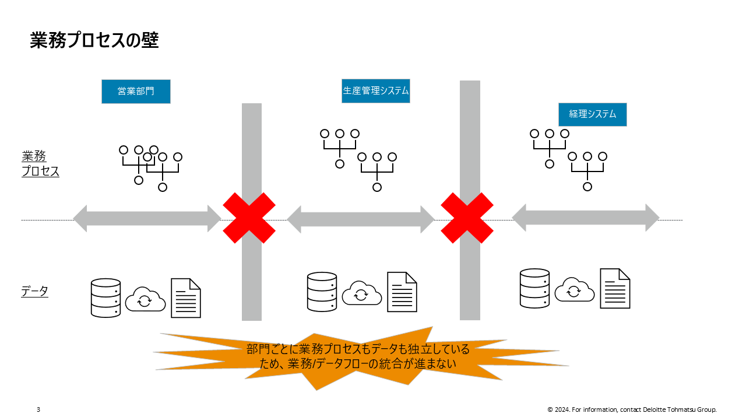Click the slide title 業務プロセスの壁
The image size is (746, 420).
(94, 40)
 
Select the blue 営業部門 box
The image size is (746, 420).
(136, 92)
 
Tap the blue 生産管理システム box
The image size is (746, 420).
(375, 91)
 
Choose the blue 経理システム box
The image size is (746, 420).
(592, 114)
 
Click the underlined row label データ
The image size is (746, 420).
(34, 292)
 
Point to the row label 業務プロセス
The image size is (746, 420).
(40, 164)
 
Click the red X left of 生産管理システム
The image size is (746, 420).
(249, 218)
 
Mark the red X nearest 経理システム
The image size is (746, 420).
(467, 218)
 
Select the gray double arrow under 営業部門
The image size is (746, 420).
(147, 219)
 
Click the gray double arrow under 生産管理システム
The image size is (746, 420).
(361, 219)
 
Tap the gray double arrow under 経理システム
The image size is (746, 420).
(585, 218)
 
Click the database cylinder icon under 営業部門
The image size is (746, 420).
(106, 298)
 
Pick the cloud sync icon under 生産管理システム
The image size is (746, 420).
(361, 293)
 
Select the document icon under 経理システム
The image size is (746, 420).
(615, 288)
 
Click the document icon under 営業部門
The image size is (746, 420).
(186, 298)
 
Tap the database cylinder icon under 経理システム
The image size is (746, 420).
(534, 288)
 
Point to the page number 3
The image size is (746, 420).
(38, 409)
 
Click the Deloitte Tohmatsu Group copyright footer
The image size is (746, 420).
(632, 409)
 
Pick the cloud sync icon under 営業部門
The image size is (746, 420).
(146, 299)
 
